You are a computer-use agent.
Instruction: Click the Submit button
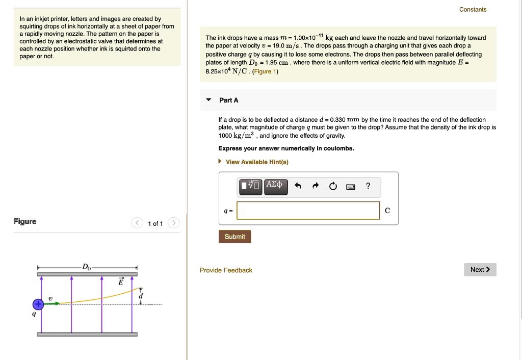coord(234,237)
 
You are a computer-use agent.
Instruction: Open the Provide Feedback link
coord(226,270)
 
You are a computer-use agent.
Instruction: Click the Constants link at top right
coord(473,10)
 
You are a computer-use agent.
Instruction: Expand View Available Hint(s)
coord(256,162)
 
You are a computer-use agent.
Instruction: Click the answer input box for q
coord(308,211)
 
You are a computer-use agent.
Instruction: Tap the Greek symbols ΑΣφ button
coord(277,186)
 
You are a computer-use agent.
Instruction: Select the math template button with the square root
coord(251,186)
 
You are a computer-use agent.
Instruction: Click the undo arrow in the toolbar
coord(298,187)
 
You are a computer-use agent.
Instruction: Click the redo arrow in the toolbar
coord(316,187)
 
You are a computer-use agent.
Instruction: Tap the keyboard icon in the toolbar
coord(350,187)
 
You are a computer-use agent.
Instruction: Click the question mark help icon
coord(368,186)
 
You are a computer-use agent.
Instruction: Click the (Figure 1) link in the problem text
coord(265,71)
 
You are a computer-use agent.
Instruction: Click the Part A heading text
coord(228,100)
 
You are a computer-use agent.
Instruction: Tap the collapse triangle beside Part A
coord(208,100)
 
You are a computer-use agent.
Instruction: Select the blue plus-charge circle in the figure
coord(37,304)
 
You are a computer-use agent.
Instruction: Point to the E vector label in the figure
coord(121,281)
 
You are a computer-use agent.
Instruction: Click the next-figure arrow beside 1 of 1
coord(173,223)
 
